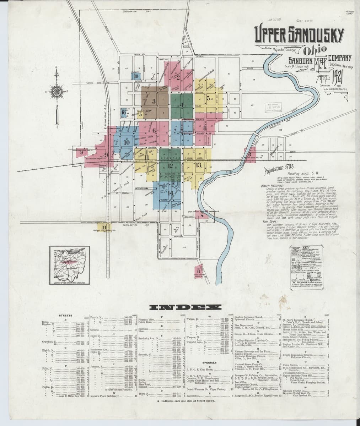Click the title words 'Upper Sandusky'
(x=300, y=35)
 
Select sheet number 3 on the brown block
(x=154, y=101)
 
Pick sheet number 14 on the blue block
(x=170, y=193)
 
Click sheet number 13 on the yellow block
(x=198, y=164)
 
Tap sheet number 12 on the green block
(x=170, y=166)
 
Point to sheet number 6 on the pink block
(x=154, y=130)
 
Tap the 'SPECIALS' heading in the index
(x=210, y=362)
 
